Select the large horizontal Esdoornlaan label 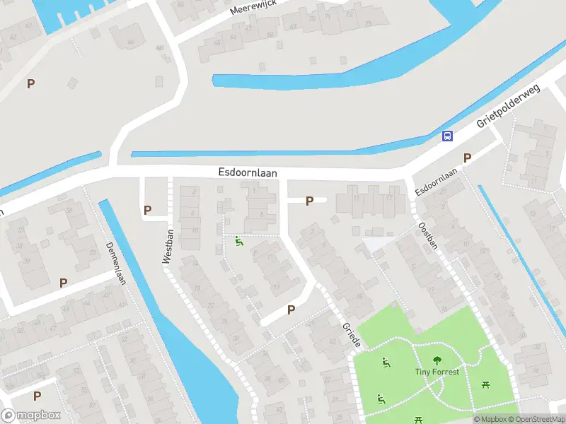tap(247, 172)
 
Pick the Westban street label tap(168, 247)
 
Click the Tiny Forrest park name tap(437, 372)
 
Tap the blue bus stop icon tap(447, 136)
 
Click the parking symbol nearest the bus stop tap(466, 158)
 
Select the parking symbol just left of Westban tap(147, 210)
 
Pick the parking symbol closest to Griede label tap(291, 310)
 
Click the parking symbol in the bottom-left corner tap(37, 396)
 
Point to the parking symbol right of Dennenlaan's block tap(63, 283)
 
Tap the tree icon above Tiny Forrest tap(437, 360)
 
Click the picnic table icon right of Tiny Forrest tap(486, 384)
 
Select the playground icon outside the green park tap(239, 242)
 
